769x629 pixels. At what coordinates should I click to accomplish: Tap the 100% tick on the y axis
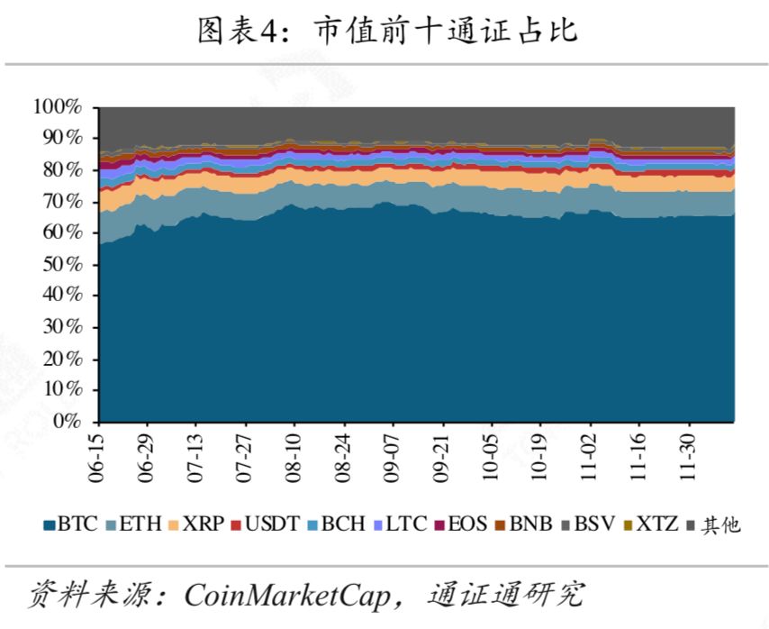click(x=58, y=106)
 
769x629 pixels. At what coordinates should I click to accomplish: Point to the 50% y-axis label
click(x=63, y=264)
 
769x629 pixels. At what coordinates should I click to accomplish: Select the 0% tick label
click(x=68, y=422)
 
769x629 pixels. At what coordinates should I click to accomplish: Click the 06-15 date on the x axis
click(x=97, y=458)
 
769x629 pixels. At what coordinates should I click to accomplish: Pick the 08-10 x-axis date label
click(x=294, y=458)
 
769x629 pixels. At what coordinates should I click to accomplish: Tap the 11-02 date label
click(x=589, y=458)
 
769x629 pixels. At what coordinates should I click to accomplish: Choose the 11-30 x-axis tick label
click(x=688, y=458)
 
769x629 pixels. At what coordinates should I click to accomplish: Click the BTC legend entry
click(x=71, y=524)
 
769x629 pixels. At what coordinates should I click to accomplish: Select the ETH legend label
click(x=133, y=524)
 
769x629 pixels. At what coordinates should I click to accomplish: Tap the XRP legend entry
click(x=196, y=524)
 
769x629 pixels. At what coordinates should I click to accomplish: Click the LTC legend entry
click(x=400, y=524)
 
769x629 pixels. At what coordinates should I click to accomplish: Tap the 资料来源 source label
click(x=91, y=595)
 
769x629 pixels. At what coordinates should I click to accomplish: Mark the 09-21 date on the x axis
click(x=441, y=458)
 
